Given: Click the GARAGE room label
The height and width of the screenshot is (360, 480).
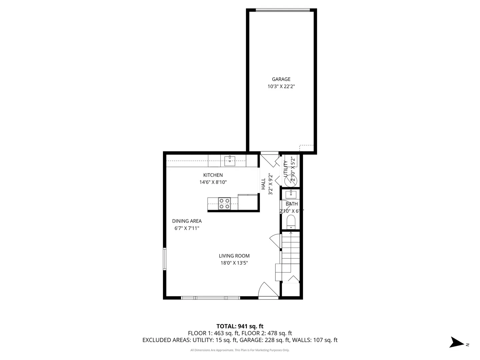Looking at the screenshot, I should (x=281, y=79).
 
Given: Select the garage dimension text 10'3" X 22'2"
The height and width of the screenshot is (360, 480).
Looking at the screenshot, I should (x=281, y=86).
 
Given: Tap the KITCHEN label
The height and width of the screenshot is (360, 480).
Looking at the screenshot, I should (x=213, y=175).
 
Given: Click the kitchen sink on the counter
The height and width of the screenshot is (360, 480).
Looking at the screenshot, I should (x=230, y=161).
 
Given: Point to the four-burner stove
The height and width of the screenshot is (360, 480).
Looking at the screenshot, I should (x=224, y=204).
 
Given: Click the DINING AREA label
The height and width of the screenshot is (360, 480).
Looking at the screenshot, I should (x=187, y=221).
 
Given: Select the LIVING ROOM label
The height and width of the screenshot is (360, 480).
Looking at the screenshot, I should (x=234, y=256).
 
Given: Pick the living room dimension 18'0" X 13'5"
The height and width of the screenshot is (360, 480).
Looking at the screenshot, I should (x=234, y=263).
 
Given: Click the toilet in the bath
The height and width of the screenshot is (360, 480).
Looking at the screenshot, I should (x=291, y=222).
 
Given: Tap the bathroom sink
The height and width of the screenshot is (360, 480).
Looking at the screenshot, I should (x=291, y=194).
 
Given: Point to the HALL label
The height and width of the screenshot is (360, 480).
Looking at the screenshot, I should (x=263, y=184).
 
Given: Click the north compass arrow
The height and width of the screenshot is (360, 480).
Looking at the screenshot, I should (x=456, y=343).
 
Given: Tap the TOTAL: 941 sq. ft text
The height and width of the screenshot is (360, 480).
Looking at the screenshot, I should (x=240, y=326).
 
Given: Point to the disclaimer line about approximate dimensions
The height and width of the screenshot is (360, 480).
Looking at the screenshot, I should (x=240, y=350).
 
